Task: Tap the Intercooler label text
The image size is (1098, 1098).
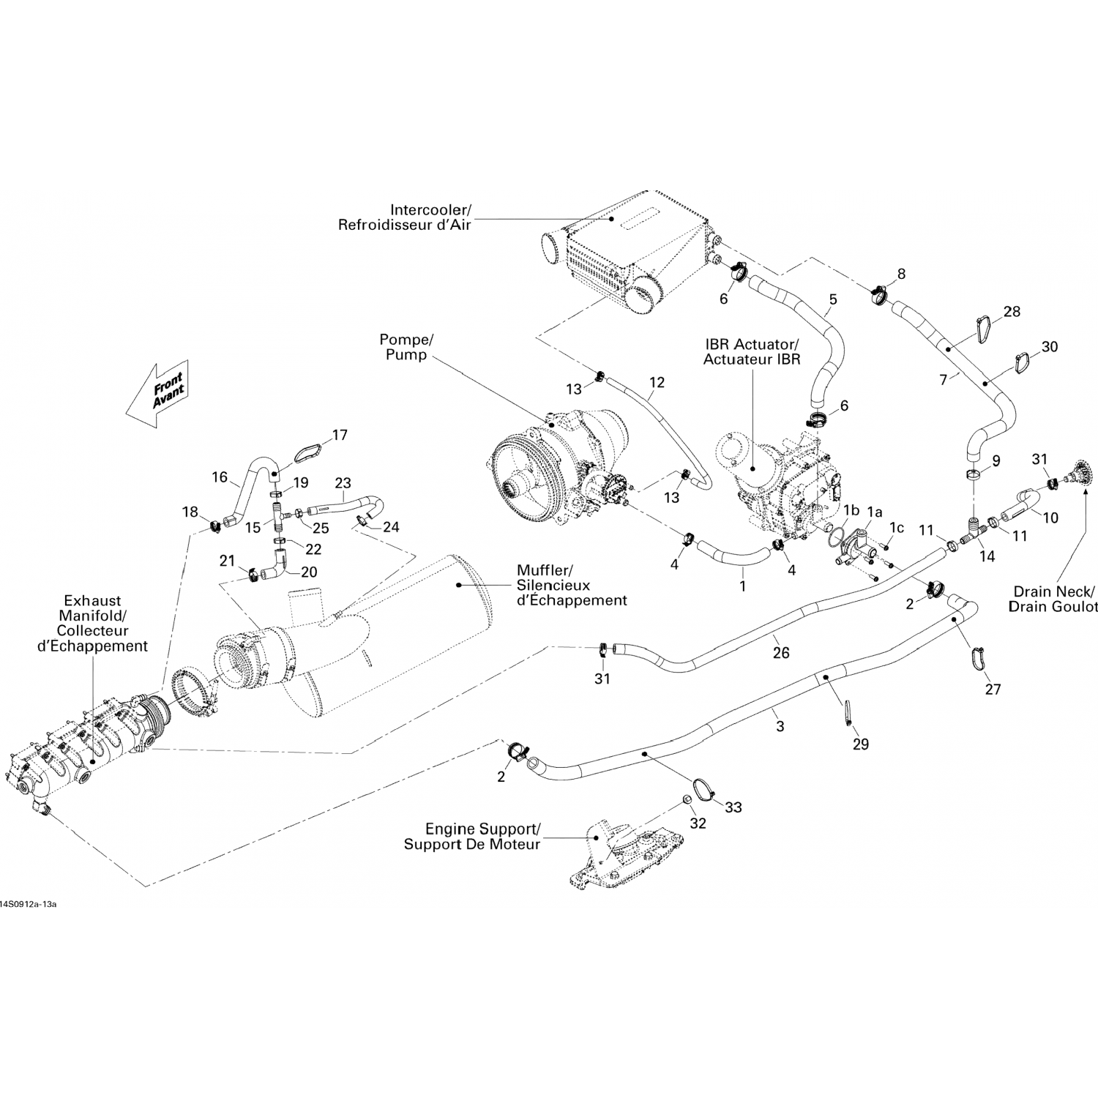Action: [404, 217]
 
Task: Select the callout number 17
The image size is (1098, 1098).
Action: [340, 436]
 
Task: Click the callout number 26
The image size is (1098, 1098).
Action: [781, 652]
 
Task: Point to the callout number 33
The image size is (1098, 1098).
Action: [733, 807]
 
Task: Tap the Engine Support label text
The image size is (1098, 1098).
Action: [472, 837]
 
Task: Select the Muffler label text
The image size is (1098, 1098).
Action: [572, 585]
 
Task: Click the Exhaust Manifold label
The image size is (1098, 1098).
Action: [92, 623]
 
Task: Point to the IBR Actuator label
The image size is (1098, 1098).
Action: [752, 351]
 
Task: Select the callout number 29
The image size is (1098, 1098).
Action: [860, 744]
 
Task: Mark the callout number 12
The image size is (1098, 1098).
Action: [657, 382]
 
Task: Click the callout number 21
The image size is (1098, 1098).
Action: [227, 561]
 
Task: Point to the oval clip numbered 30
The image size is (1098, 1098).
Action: [1025, 362]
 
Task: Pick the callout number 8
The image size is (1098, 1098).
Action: [901, 274]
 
